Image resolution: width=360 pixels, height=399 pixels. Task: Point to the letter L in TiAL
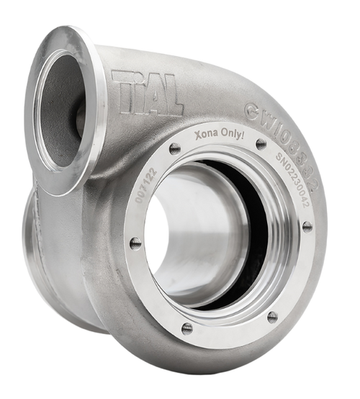point(173,103)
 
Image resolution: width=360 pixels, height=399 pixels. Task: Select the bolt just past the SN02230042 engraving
point(307,226)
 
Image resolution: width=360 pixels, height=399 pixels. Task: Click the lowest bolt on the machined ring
point(186,328)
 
